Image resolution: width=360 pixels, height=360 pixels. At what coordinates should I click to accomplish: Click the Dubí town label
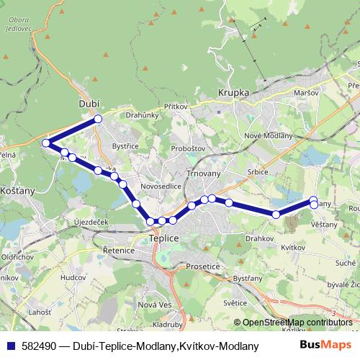click(x=88, y=104)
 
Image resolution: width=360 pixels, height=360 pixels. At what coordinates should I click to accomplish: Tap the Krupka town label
click(x=233, y=94)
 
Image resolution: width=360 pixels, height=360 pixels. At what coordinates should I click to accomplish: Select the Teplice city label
click(x=163, y=236)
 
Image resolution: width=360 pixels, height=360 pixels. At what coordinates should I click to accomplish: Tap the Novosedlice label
click(x=161, y=185)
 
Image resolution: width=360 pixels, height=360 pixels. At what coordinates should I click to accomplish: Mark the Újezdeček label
click(x=91, y=222)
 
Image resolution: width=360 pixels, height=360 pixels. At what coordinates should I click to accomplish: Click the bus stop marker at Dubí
click(x=98, y=119)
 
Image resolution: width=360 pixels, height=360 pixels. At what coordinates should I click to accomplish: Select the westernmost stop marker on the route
click(x=46, y=143)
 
